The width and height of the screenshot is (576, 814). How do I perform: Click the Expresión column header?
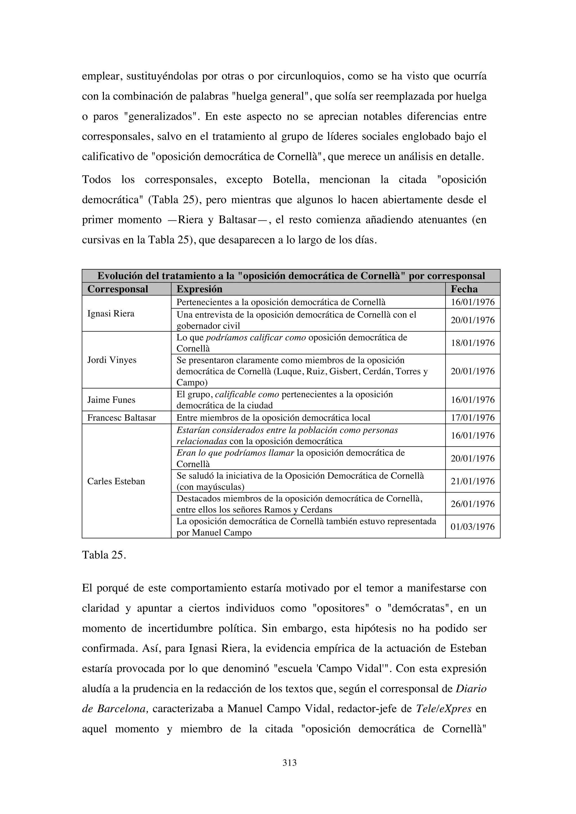[199, 289]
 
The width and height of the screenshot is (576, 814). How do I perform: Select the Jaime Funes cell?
[111, 400]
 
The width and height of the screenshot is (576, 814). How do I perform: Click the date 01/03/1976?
[472, 527]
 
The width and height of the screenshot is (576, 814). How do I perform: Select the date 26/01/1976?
[472, 504]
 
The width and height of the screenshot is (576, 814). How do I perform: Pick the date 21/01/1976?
[472, 481]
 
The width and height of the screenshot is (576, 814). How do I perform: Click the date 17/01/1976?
[472, 418]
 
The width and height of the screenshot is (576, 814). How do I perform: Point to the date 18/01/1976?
[472, 343]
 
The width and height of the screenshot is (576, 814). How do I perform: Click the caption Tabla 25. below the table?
[103, 555]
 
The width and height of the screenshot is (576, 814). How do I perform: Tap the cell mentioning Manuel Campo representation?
[307, 527]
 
